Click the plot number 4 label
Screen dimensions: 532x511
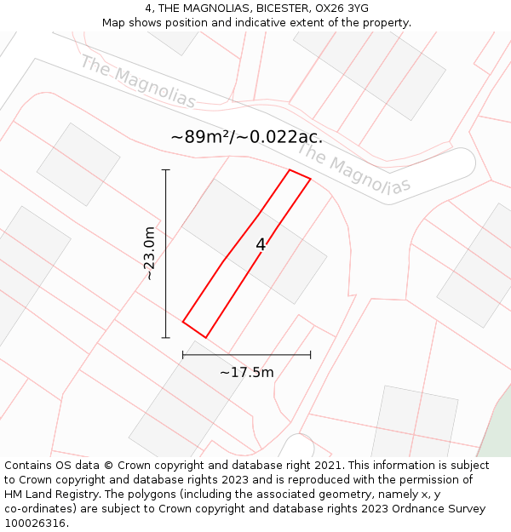(x=261, y=245)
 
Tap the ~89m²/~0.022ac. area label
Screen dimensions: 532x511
(x=246, y=137)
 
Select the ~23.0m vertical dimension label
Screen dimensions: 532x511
(x=149, y=253)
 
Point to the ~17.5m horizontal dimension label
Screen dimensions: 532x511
(x=247, y=372)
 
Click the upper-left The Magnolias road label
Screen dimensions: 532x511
(x=138, y=82)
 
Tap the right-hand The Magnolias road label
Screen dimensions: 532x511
(x=353, y=169)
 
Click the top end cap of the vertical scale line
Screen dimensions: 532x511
(x=166, y=170)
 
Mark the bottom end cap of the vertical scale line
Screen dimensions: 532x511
(x=166, y=338)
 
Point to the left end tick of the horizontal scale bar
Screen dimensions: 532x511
(x=183, y=355)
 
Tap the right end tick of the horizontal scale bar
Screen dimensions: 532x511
(x=310, y=355)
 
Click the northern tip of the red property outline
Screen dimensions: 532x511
(x=290, y=170)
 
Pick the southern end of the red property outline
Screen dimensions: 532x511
(x=204, y=337)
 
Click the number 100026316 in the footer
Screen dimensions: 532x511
(x=32, y=523)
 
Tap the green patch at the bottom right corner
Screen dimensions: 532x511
(x=496, y=438)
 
